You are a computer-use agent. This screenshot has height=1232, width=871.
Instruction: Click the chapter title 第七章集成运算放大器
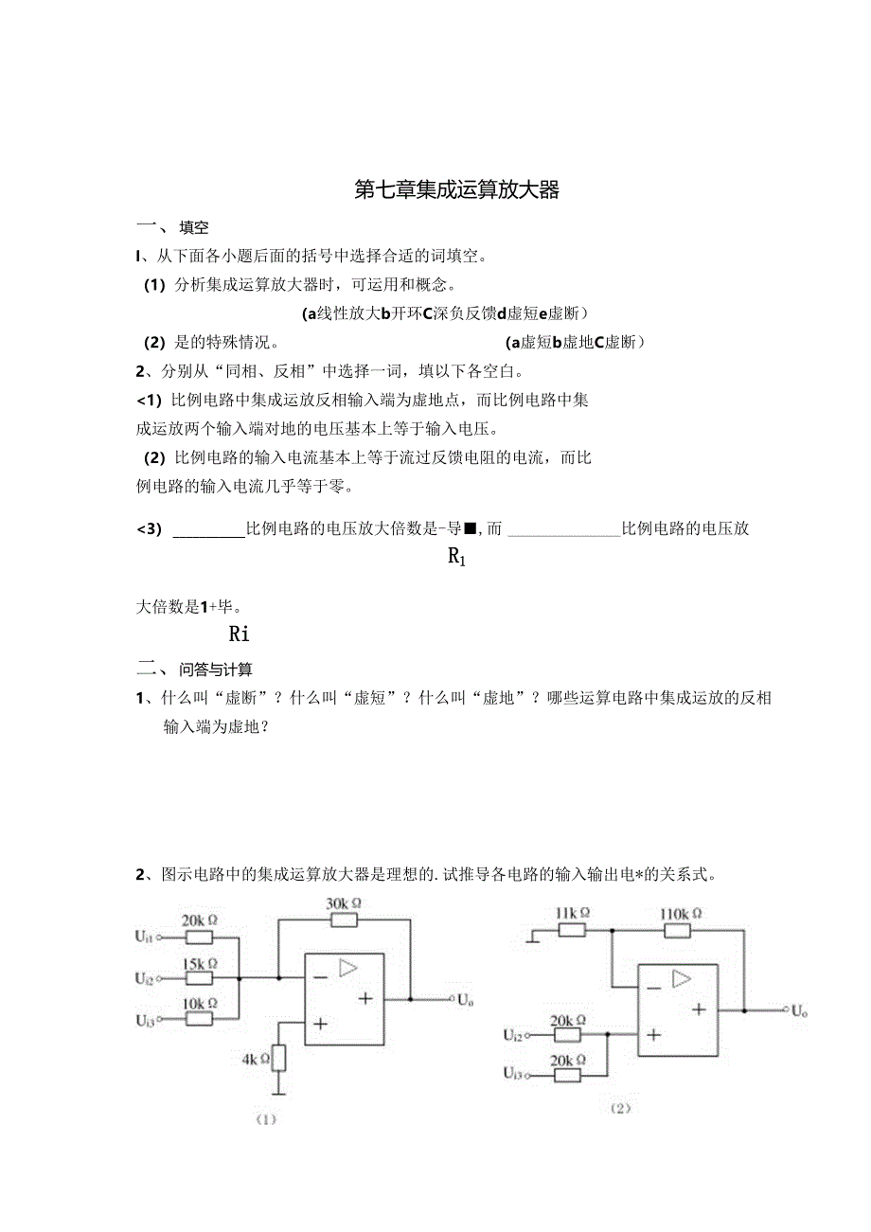[457, 190]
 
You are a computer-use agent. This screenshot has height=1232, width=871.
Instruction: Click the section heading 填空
[193, 227]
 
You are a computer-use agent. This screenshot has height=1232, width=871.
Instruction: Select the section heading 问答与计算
[215, 670]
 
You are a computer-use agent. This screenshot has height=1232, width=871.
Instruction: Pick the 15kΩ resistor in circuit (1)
[199, 977]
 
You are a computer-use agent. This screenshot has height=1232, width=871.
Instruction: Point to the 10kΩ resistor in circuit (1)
[199, 1018]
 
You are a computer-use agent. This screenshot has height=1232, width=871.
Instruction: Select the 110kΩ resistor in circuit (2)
[678, 930]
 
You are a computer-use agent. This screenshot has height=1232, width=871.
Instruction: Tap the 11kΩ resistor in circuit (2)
[571, 930]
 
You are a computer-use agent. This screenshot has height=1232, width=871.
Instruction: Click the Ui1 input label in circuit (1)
[144, 937]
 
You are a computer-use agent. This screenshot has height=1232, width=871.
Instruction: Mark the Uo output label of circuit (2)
[800, 1011]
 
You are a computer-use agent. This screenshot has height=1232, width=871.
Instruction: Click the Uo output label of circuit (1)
[465, 999]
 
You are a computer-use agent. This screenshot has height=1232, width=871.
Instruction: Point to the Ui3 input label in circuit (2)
[513, 1074]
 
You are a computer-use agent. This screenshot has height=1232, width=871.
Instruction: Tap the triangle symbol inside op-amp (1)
[348, 968]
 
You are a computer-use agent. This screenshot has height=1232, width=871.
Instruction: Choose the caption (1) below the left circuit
[265, 1119]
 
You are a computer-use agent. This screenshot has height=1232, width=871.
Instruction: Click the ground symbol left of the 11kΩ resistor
[535, 939]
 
